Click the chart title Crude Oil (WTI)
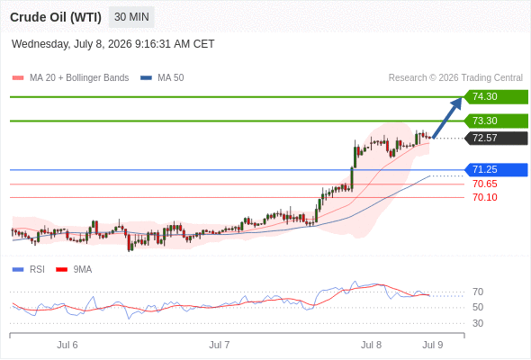[56, 17]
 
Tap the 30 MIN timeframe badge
[131, 17]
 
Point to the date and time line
[112, 44]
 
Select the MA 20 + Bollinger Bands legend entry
[70, 78]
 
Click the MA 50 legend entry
[162, 78]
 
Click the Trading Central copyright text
[455, 78]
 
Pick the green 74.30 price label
[496, 97]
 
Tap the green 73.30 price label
[496, 121]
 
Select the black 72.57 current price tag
[496, 139]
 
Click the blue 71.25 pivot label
[496, 169]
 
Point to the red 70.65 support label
[485, 184]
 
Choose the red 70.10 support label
[485, 197]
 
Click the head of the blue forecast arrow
[461, 98]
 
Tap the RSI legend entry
[29, 270]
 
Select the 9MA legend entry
[74, 270]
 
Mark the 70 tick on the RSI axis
[478, 292]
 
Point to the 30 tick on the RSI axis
[478, 323]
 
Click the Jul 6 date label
[67, 345]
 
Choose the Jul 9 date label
[433, 345]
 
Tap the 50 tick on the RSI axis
[478, 308]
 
